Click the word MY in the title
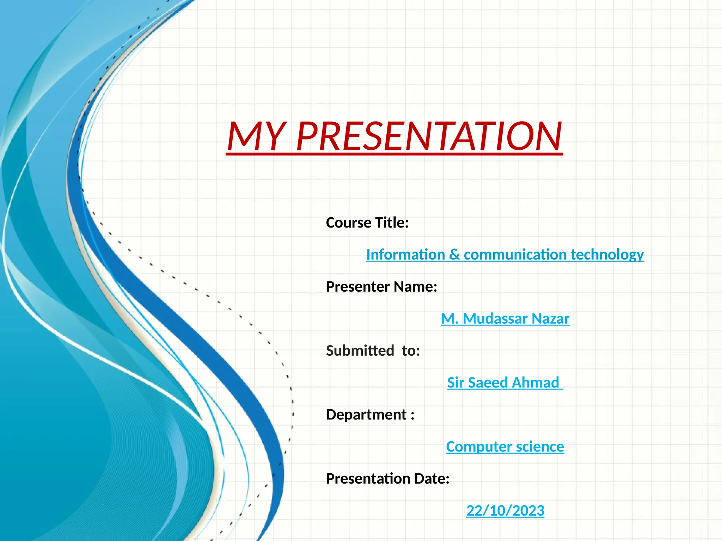[x=255, y=137]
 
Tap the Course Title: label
[x=367, y=223]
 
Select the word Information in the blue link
[x=405, y=255]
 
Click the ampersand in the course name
[x=454, y=255]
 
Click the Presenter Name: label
[x=381, y=287]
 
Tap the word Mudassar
[x=495, y=319]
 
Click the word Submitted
[x=360, y=351]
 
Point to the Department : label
[x=370, y=415]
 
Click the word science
[x=540, y=447]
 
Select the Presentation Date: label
[x=387, y=479]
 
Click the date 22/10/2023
[x=505, y=511]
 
